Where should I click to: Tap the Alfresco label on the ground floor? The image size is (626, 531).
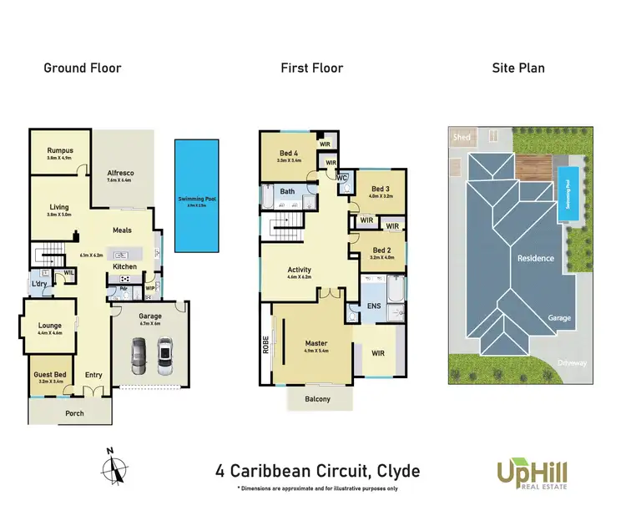coord(120,173)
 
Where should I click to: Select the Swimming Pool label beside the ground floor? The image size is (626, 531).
coord(196,199)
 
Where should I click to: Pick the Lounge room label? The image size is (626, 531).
coord(50,326)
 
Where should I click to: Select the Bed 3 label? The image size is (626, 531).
coord(380,190)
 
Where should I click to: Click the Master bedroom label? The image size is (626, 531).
coord(316,343)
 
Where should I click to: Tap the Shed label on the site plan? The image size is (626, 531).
coord(460,137)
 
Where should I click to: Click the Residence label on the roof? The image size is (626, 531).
coord(535,258)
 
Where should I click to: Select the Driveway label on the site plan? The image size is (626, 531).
coord(575,363)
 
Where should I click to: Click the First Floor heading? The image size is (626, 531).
coord(311,68)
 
